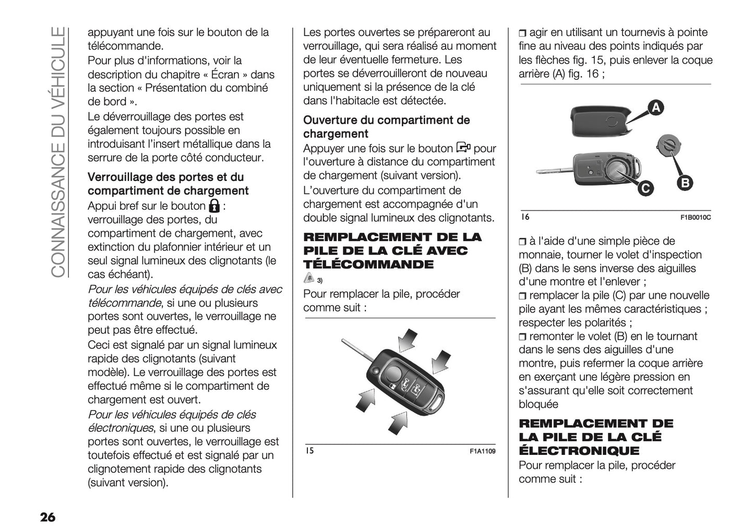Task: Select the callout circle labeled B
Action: click(x=685, y=183)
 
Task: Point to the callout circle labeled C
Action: click(x=645, y=188)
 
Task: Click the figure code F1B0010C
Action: click(x=695, y=218)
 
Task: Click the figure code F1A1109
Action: click(x=482, y=451)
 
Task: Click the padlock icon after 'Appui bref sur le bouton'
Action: click(x=213, y=205)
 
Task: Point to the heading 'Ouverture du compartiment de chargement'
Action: click(x=386, y=127)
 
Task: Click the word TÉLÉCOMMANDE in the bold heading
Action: click(x=368, y=264)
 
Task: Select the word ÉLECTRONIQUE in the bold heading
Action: click(x=579, y=451)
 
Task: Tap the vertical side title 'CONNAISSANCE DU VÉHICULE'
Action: click(x=58, y=151)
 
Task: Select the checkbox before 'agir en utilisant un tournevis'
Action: click(x=523, y=33)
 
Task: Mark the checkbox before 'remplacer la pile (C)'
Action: click(x=523, y=296)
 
